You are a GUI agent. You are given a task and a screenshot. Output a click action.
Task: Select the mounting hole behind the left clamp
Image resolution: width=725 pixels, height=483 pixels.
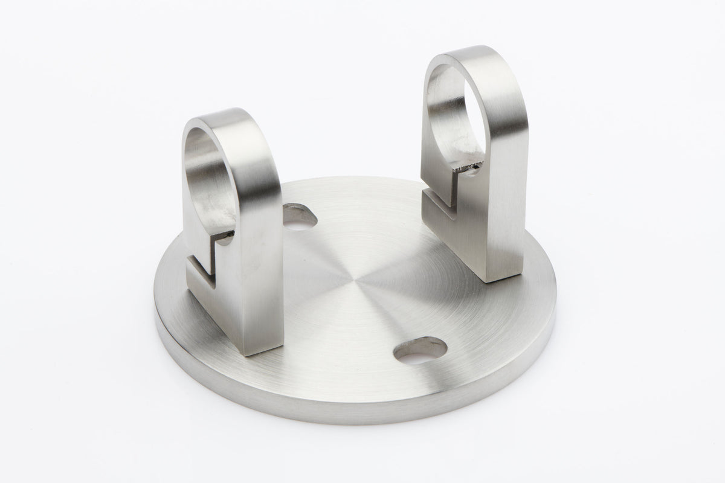(301, 222)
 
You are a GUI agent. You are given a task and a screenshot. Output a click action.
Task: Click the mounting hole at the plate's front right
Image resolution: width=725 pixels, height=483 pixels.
(420, 351)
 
